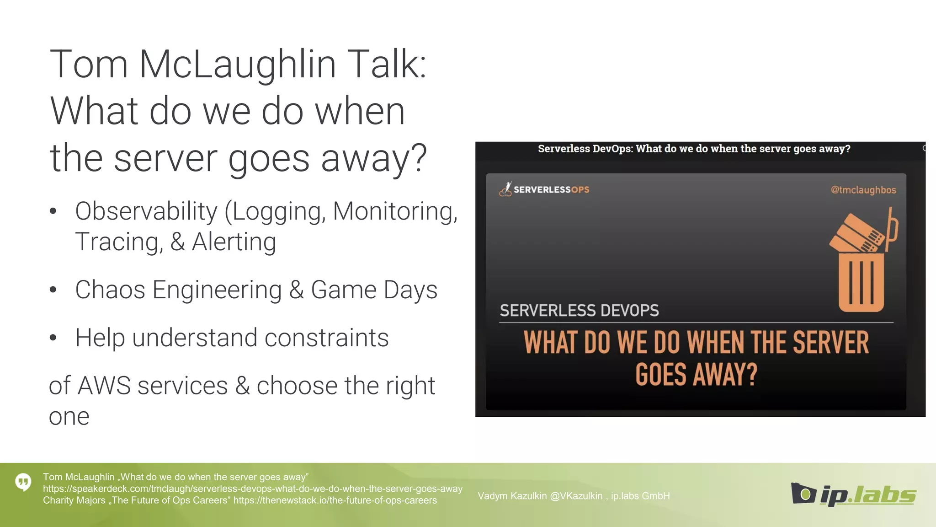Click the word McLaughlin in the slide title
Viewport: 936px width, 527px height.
pos(238,65)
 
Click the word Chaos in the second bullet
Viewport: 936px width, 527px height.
pos(110,290)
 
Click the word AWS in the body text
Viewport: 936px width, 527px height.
pos(104,386)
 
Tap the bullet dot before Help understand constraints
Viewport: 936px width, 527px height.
pos(53,338)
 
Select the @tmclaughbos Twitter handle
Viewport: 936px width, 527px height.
pos(863,190)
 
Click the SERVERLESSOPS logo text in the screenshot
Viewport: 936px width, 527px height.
pos(551,189)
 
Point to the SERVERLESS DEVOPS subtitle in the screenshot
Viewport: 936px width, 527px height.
pos(579,311)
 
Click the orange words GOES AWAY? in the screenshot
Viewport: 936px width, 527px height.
pos(696,375)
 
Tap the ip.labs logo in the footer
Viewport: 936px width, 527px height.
pos(853,495)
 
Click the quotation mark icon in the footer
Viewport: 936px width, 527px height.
pos(23,482)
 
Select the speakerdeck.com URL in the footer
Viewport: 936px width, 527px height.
pos(252,489)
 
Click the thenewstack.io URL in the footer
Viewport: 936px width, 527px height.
pos(335,500)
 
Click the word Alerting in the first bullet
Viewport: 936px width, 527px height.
pos(234,242)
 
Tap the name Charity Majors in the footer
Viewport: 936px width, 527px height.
pos(74,500)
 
